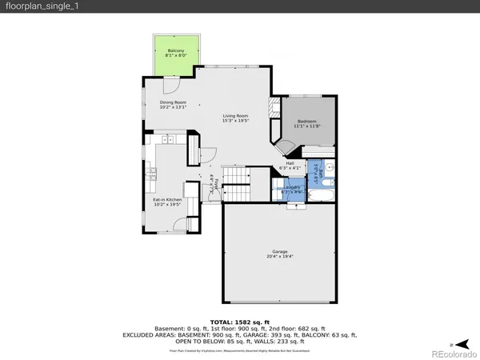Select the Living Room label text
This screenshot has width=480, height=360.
(x=235, y=118)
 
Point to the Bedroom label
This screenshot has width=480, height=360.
(x=306, y=123)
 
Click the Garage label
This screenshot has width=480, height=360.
(x=279, y=254)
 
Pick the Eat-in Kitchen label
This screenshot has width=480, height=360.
(x=168, y=202)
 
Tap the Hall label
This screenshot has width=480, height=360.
(x=290, y=166)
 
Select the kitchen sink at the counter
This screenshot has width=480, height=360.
(x=166, y=140)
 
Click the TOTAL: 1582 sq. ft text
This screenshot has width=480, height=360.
(x=240, y=320)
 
